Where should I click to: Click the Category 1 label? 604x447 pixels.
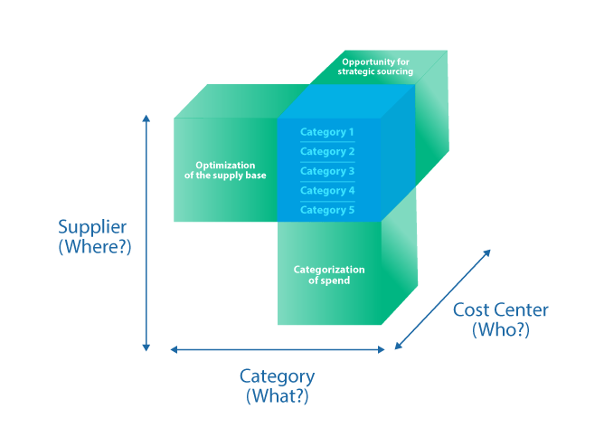pyautogui.click(x=326, y=132)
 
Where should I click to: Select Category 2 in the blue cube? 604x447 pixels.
pyautogui.click(x=326, y=152)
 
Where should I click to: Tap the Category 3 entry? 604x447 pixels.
pyautogui.click(x=326, y=171)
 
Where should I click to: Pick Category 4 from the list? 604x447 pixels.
pyautogui.click(x=326, y=191)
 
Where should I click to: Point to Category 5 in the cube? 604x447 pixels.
pyautogui.click(x=326, y=210)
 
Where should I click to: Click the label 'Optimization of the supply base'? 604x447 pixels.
pyautogui.click(x=225, y=169)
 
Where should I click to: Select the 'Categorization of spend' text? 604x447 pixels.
pyautogui.click(x=329, y=275)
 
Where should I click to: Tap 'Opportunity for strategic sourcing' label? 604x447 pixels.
pyautogui.click(x=376, y=66)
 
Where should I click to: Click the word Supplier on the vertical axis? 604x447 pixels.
pyautogui.click(x=92, y=226)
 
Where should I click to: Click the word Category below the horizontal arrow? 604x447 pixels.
pyautogui.click(x=278, y=376)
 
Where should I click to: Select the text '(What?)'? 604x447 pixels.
pyautogui.click(x=278, y=395)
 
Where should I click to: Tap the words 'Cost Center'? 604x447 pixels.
pyautogui.click(x=501, y=310)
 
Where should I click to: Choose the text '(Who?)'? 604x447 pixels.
pyautogui.click(x=500, y=330)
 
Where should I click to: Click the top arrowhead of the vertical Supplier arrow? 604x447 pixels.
pyautogui.click(x=146, y=118)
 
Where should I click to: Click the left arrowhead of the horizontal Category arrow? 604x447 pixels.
pyautogui.click(x=174, y=349)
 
